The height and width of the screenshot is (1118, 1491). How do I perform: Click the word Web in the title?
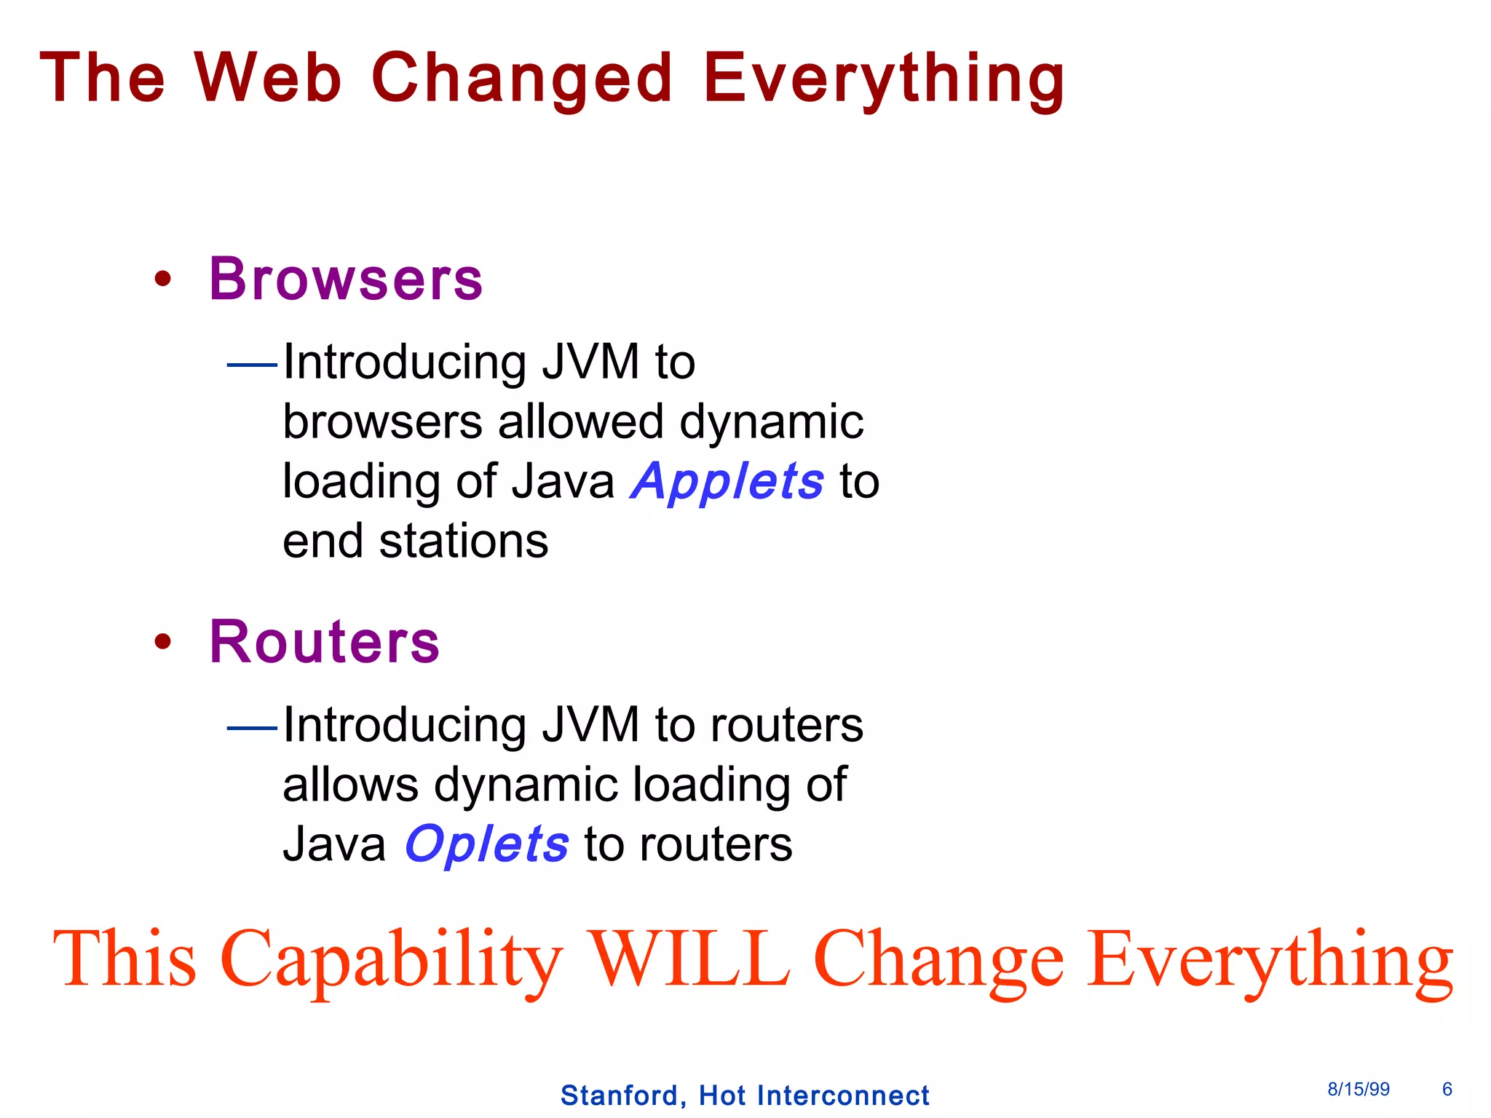tap(267, 78)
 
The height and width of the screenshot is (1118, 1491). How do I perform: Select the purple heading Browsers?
tap(346, 279)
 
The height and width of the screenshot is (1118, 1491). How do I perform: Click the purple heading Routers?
tap(325, 642)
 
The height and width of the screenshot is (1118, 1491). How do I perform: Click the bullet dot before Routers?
tap(163, 641)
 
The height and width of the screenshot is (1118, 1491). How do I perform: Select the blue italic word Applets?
tap(727, 483)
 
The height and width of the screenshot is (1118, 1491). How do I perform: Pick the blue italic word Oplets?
tap(486, 845)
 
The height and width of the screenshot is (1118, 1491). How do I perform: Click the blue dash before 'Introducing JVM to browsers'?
tap(252, 364)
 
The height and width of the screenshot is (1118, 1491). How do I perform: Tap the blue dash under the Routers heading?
tap(252, 726)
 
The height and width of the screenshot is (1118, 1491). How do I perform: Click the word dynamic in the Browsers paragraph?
tap(771, 423)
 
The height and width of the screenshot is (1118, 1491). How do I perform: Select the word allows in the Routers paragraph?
tap(350, 785)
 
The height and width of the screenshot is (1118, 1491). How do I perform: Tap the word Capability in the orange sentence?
tap(391, 962)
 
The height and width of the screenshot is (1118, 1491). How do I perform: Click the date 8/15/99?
tap(1358, 1089)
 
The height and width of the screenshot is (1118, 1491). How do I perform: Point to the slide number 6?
tap(1447, 1089)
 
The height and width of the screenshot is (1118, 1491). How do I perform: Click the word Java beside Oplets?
tap(334, 845)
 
